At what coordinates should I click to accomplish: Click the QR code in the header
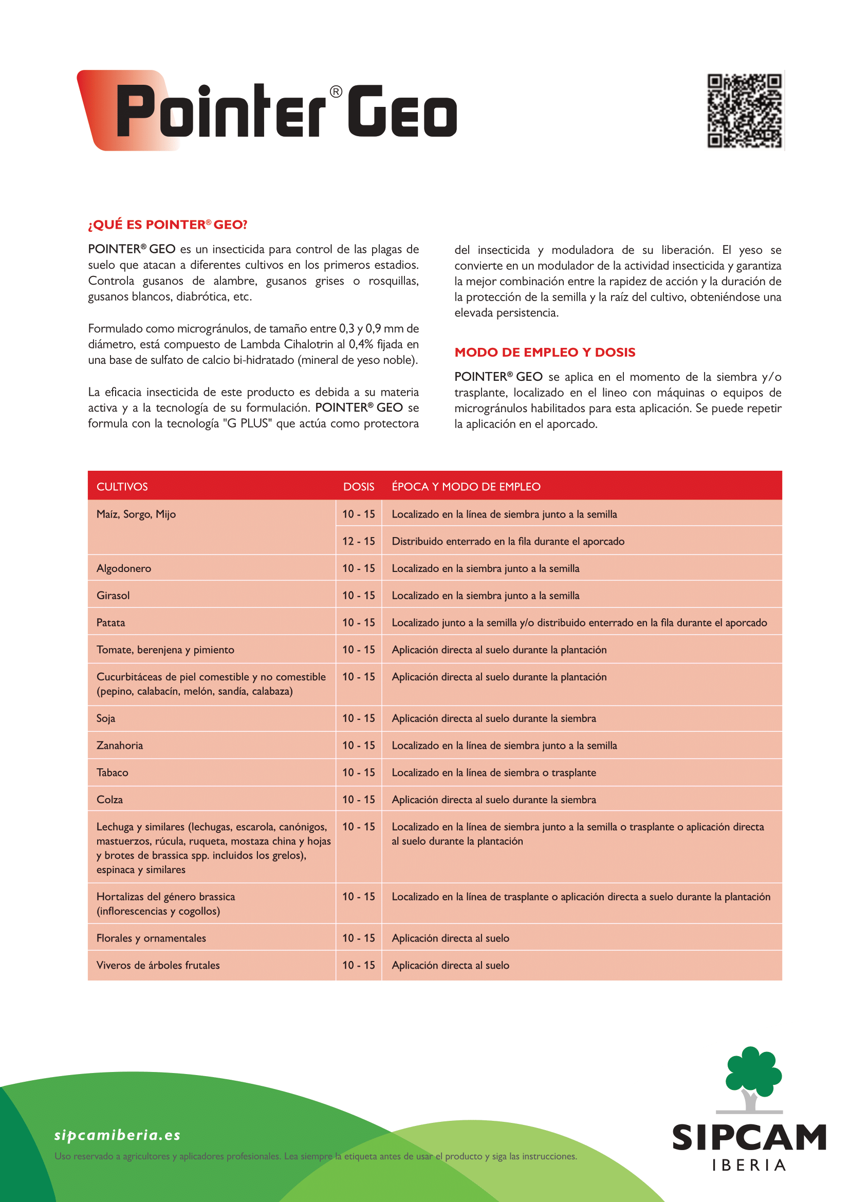(744, 110)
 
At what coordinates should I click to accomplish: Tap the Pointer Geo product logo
(267, 110)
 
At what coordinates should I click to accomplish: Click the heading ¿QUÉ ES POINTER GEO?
(168, 225)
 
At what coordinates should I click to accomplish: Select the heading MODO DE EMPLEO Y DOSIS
(544, 353)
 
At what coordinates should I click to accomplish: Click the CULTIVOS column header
(122, 486)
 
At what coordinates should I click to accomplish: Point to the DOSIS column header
(359, 486)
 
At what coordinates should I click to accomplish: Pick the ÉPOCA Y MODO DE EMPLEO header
(466, 486)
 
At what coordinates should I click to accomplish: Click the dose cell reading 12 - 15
(359, 541)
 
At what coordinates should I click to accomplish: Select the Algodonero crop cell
(123, 568)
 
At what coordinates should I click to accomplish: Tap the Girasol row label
(113, 595)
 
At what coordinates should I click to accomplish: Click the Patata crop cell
(110, 622)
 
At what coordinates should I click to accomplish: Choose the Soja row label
(105, 718)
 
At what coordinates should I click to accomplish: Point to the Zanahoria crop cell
(119, 746)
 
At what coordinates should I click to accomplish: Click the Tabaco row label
(112, 773)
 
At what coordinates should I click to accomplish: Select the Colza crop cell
(109, 800)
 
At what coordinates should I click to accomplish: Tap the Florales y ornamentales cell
(151, 938)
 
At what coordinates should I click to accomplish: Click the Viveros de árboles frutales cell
(158, 966)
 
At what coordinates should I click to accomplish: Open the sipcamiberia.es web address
(117, 1135)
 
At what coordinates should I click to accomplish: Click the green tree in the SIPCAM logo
(753, 1073)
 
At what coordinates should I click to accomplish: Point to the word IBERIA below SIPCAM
(749, 1166)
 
